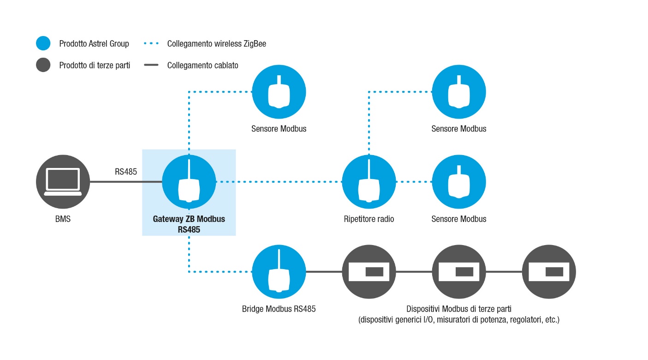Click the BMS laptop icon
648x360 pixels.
point(63,182)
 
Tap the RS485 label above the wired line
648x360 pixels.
point(126,172)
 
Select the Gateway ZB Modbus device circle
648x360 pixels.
point(189,182)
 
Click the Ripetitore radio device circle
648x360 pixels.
point(369,182)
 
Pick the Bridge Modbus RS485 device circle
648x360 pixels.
point(279,272)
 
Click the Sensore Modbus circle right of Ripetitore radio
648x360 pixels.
point(459,182)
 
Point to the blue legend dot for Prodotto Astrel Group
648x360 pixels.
point(43,43)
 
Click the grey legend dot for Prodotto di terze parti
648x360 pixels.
point(43,65)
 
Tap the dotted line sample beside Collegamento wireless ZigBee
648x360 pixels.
point(151,43)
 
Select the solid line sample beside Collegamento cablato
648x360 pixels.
point(151,65)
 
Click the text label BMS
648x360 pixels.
point(63,219)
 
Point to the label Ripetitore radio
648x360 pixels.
point(369,219)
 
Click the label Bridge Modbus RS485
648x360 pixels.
point(279,309)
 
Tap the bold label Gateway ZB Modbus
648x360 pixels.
point(189,219)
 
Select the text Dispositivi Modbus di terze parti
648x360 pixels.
point(459,309)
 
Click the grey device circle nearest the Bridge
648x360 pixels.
point(369,272)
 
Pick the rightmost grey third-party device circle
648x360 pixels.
point(549,272)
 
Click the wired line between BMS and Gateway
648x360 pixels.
point(126,182)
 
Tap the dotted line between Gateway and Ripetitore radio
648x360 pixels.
point(279,182)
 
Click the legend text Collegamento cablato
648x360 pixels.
point(203,66)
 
